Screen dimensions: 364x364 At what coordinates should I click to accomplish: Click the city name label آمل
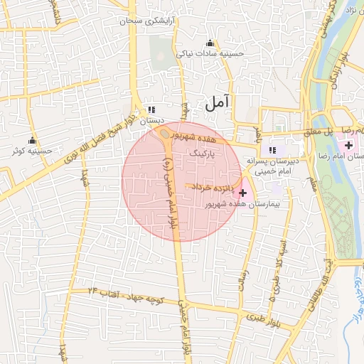pyautogui.click(x=218, y=103)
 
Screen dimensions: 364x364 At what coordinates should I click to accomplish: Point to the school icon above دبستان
pyautogui.click(x=151, y=110)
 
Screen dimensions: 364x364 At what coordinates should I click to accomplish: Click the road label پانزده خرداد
pyautogui.click(x=210, y=186)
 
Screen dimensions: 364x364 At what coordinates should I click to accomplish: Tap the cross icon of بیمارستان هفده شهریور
pyautogui.click(x=245, y=192)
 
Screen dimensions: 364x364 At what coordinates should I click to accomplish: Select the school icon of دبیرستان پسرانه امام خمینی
pyautogui.click(x=272, y=150)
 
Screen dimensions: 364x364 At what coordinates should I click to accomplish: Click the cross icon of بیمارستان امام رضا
pyautogui.click(x=348, y=145)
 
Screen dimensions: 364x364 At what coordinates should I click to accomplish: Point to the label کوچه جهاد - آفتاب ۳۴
pyautogui.click(x=126, y=296)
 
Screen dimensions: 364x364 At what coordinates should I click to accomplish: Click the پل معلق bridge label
pyautogui.click(x=320, y=132)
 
